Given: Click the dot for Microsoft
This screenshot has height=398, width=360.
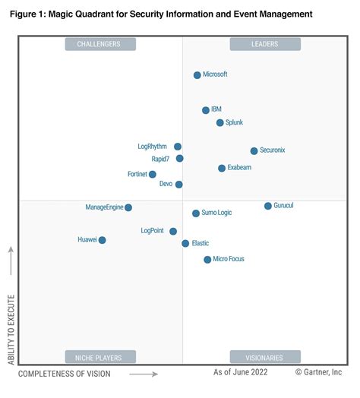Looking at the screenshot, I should [x=197, y=75].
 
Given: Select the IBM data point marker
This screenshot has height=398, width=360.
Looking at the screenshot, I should [x=206, y=110].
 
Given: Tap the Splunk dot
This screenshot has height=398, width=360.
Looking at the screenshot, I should [x=220, y=122].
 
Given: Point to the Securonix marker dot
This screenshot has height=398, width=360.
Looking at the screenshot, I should [x=254, y=151].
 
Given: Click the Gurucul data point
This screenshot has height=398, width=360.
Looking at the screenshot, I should [x=268, y=206].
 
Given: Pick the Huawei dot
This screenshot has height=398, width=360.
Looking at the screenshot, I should [x=103, y=240].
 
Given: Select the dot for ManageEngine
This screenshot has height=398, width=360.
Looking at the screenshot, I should [x=128, y=207].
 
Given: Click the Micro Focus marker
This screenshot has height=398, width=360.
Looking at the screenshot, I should [x=207, y=260].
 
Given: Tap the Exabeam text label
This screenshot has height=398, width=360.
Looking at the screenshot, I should [x=240, y=168].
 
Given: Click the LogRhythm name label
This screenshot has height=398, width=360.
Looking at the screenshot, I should [x=152, y=146].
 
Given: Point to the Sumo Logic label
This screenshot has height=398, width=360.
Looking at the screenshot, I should [x=216, y=213].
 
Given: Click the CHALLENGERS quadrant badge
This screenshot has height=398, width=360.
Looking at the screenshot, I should [x=99, y=44].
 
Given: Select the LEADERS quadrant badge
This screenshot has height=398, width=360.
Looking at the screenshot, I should [x=265, y=44].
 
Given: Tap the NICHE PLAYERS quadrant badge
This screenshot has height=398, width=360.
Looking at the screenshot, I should [x=99, y=357].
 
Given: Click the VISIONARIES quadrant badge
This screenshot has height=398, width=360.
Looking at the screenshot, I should [x=265, y=357].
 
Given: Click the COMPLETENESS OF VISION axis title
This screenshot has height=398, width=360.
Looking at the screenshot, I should [x=65, y=374].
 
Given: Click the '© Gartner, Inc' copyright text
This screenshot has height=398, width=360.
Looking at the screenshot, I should [x=319, y=372].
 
